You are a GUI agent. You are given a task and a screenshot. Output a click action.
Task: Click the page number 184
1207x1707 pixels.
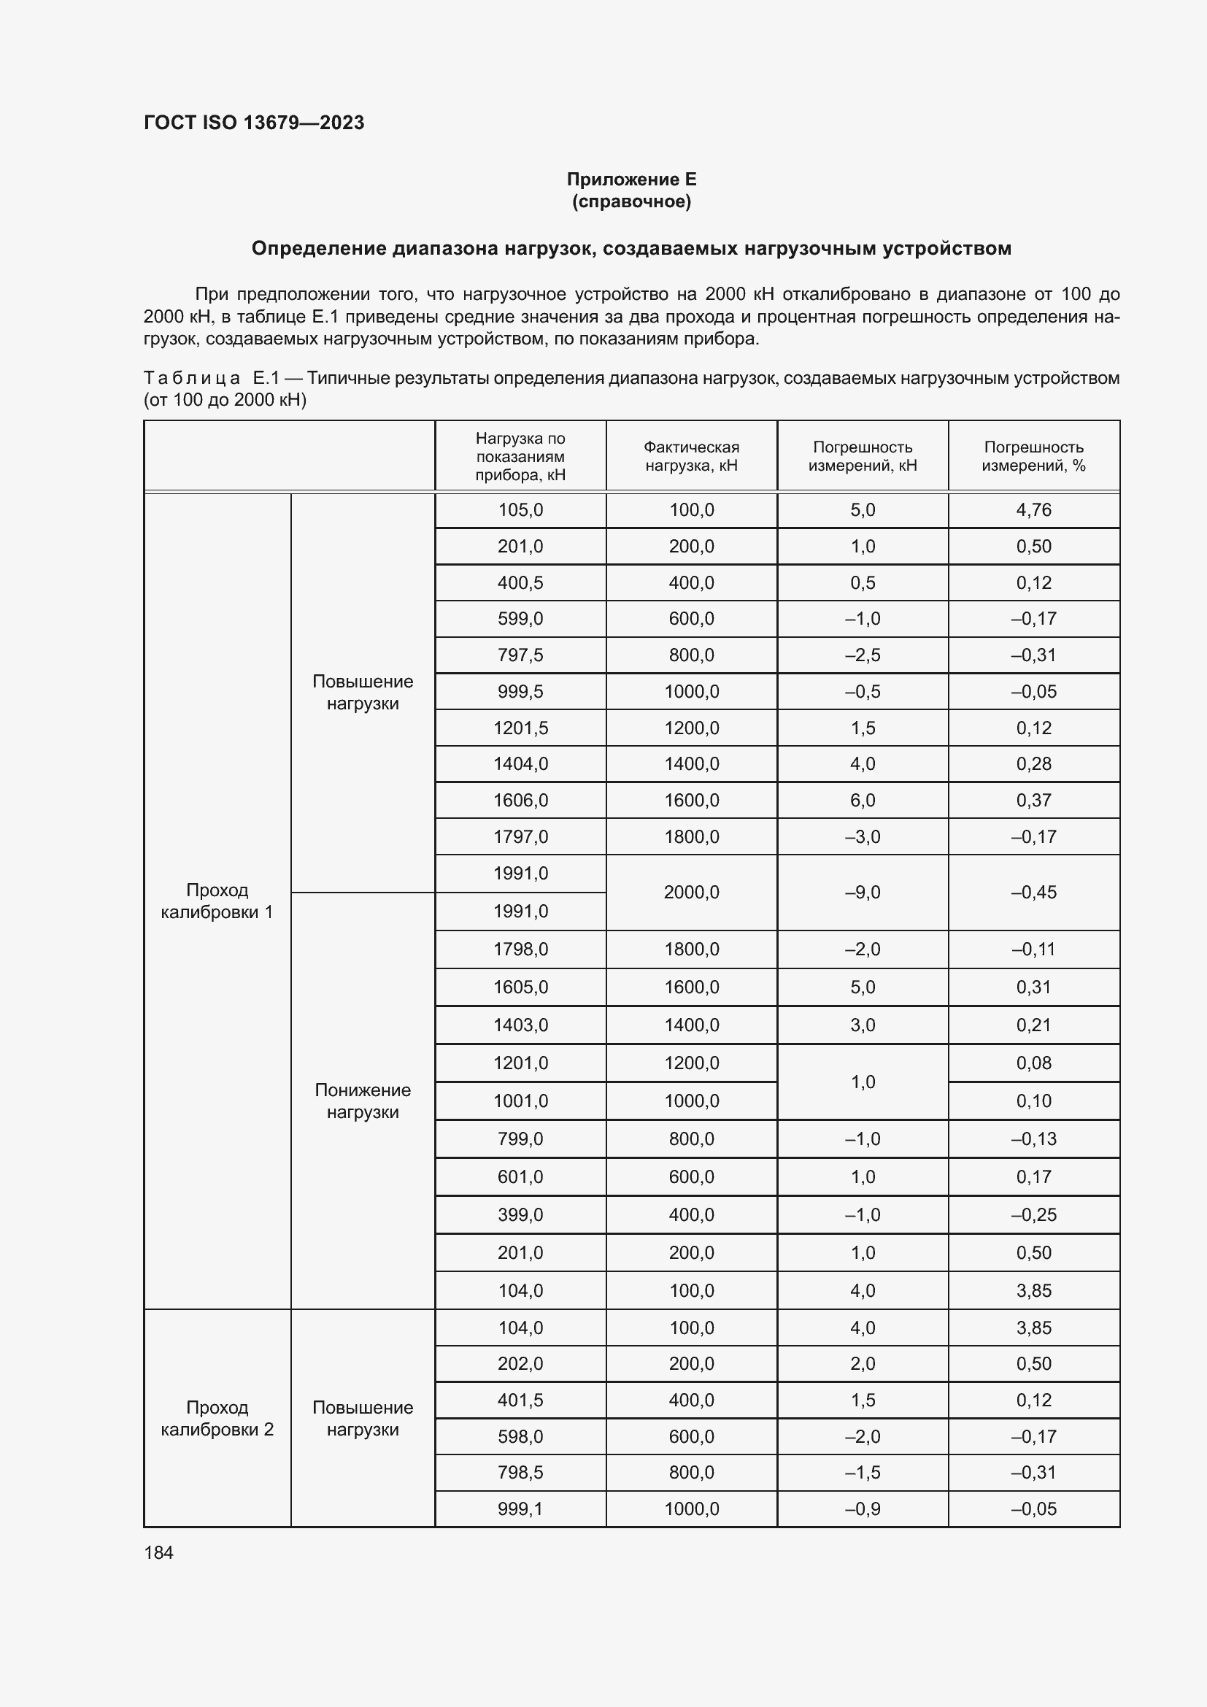point(158,1552)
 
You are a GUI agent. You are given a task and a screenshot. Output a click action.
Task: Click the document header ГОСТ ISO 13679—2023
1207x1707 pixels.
point(253,123)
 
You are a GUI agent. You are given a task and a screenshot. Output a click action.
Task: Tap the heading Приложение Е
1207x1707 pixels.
point(631,180)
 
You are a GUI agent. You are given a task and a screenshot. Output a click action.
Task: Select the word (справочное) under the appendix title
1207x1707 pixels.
point(631,201)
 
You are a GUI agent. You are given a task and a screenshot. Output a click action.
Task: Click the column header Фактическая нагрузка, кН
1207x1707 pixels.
point(691,455)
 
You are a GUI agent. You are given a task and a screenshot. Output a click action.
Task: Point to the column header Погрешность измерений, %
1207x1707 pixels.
point(1033,455)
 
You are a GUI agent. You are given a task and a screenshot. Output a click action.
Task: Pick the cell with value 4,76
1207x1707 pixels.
point(1033,510)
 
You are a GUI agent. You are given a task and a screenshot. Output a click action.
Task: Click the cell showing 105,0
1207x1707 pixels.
point(520,510)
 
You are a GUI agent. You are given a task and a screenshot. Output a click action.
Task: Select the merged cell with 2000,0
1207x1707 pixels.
point(691,892)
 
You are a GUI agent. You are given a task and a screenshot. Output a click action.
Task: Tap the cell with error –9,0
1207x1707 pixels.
point(862,892)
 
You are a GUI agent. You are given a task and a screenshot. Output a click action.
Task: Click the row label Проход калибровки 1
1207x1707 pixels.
point(217,901)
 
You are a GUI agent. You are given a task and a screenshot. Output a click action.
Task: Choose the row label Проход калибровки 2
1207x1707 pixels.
point(217,1418)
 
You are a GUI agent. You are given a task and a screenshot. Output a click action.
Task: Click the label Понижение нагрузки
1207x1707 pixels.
point(363,1101)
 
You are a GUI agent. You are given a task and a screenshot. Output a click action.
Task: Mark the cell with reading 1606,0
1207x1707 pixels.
point(520,800)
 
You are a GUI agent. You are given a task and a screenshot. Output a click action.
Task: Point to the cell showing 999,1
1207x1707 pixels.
point(520,1508)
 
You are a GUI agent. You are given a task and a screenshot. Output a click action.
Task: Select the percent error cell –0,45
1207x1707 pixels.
point(1033,892)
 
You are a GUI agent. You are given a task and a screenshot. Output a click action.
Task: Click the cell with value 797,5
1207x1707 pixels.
point(520,655)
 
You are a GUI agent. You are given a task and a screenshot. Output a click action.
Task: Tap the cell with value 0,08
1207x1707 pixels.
point(1033,1063)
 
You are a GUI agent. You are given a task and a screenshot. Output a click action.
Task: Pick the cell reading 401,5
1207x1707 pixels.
point(520,1400)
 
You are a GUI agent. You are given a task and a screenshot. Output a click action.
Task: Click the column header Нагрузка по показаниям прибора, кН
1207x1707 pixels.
point(520,455)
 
